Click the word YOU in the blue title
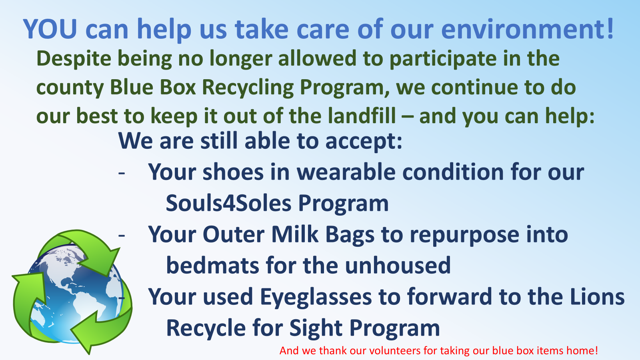tap(50, 29)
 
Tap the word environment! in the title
tap(528, 29)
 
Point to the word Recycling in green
tap(248, 88)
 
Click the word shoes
tap(233, 172)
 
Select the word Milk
tap(294, 234)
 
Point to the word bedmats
tap(212, 265)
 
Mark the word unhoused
tap(398, 265)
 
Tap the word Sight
tap(316, 328)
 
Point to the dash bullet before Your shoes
tap(122, 173)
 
